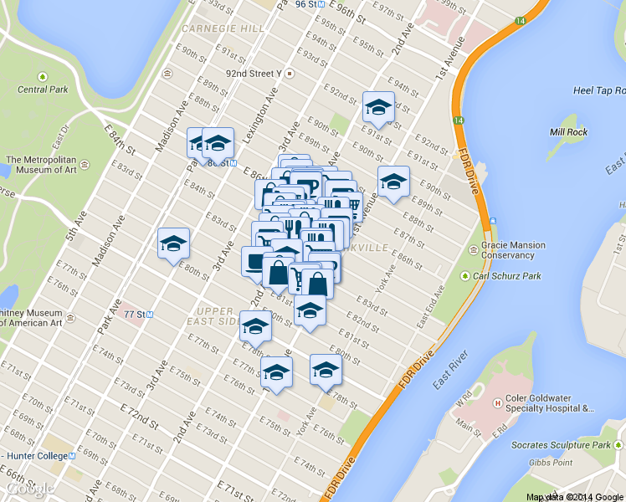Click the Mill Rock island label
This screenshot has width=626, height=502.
click(x=568, y=132)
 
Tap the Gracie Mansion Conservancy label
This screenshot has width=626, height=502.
click(x=513, y=250)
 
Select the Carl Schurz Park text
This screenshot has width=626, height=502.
click(x=506, y=275)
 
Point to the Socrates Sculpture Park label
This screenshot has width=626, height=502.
click(x=566, y=446)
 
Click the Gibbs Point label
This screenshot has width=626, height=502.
click(x=550, y=463)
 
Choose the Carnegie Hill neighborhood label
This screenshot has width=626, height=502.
click(x=223, y=28)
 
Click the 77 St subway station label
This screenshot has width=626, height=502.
click(x=134, y=315)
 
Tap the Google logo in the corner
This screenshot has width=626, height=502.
click(x=28, y=489)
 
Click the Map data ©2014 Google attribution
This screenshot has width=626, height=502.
click(x=574, y=497)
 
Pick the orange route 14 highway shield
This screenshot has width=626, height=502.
click(x=459, y=121)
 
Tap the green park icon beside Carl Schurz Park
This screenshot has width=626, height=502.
click(x=464, y=275)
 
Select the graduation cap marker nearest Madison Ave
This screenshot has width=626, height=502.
click(x=174, y=243)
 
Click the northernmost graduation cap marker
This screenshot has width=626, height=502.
click(x=378, y=107)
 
